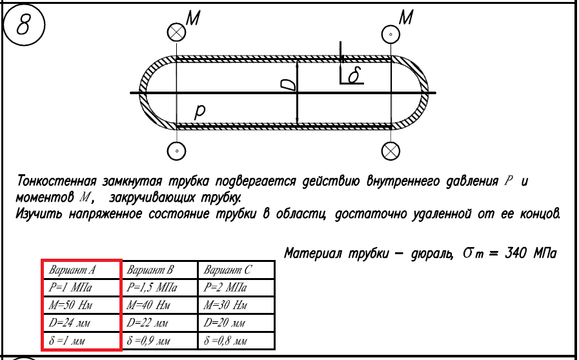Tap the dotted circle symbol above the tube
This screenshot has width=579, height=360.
tap(391, 33)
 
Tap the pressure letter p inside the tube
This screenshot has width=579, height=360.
tap(201, 112)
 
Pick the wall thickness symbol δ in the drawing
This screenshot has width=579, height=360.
tap(354, 76)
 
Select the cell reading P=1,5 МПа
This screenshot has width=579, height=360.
tap(153, 287)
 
